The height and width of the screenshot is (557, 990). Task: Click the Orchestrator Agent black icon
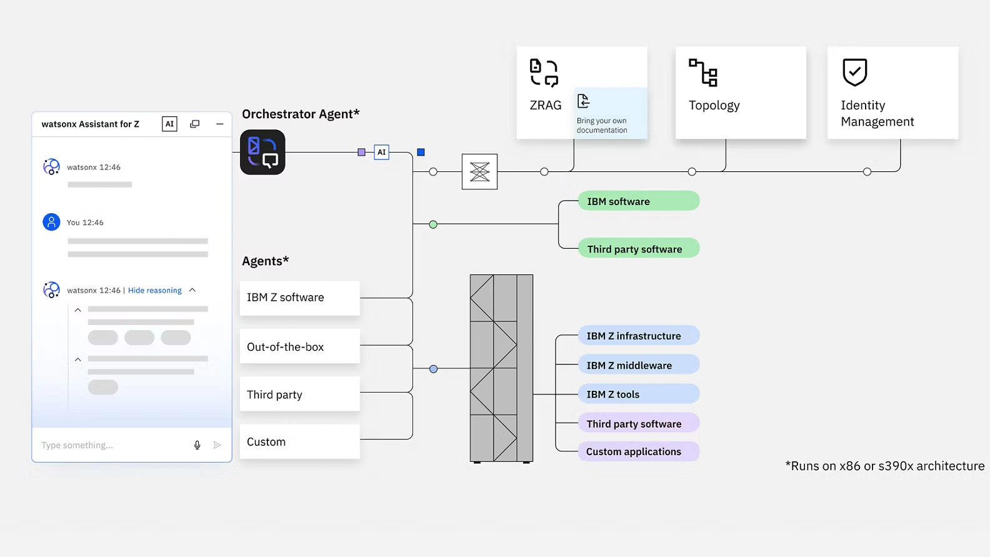[262, 152]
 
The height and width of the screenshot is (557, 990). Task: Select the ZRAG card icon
[544, 73]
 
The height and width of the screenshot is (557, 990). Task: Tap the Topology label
[714, 105]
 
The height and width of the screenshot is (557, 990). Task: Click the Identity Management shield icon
[854, 72]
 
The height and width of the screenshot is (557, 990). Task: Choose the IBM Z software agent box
[299, 298]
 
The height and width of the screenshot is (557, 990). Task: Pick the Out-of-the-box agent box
[299, 346]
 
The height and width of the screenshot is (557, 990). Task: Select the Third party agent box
[299, 394]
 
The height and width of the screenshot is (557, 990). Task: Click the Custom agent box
[299, 442]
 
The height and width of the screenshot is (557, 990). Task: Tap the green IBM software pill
[638, 201]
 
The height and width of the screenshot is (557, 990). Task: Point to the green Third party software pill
[638, 249]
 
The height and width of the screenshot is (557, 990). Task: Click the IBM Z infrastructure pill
[638, 336]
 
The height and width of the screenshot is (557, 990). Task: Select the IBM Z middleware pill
[638, 365]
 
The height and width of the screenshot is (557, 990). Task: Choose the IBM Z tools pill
[638, 394]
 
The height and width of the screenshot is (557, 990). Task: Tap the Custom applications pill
[638, 451]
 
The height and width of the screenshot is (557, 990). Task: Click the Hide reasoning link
[154, 290]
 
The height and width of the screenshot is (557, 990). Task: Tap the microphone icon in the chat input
[197, 445]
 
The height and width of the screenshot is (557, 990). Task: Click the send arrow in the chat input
[217, 445]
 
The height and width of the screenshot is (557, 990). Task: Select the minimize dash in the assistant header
[219, 124]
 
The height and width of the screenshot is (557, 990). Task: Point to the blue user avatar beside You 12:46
[51, 222]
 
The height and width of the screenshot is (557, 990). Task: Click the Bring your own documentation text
[601, 125]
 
